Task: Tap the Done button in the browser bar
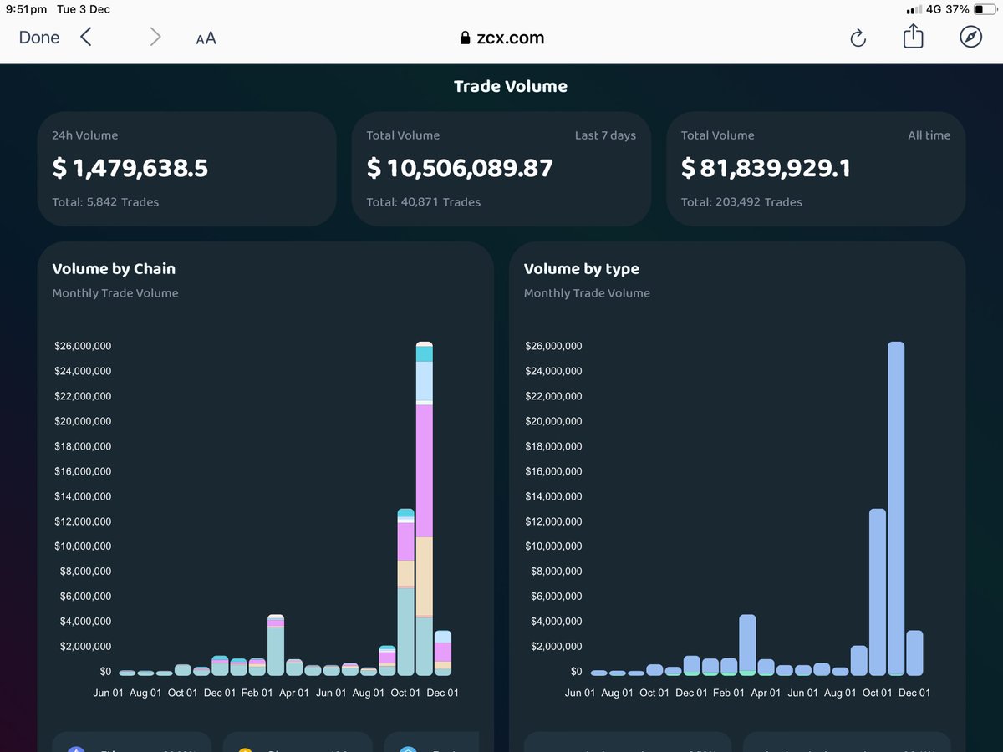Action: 39,38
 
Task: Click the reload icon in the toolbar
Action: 858,38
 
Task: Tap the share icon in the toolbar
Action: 914,37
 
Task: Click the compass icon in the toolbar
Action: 970,37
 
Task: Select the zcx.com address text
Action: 510,38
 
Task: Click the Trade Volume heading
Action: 511,86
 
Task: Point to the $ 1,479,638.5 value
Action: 130,168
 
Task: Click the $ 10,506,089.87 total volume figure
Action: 460,168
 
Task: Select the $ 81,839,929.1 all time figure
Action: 766,168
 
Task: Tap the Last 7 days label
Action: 605,135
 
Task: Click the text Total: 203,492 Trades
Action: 741,202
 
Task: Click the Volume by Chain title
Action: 114,268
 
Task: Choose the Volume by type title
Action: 582,268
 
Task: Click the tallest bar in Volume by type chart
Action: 896,501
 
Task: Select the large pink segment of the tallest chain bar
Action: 425,468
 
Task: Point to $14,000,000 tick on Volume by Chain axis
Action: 83,496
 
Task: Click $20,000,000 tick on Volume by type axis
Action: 553,421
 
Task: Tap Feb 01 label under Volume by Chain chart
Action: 257,693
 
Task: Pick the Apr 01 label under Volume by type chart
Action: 765,693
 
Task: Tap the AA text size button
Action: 206,38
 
